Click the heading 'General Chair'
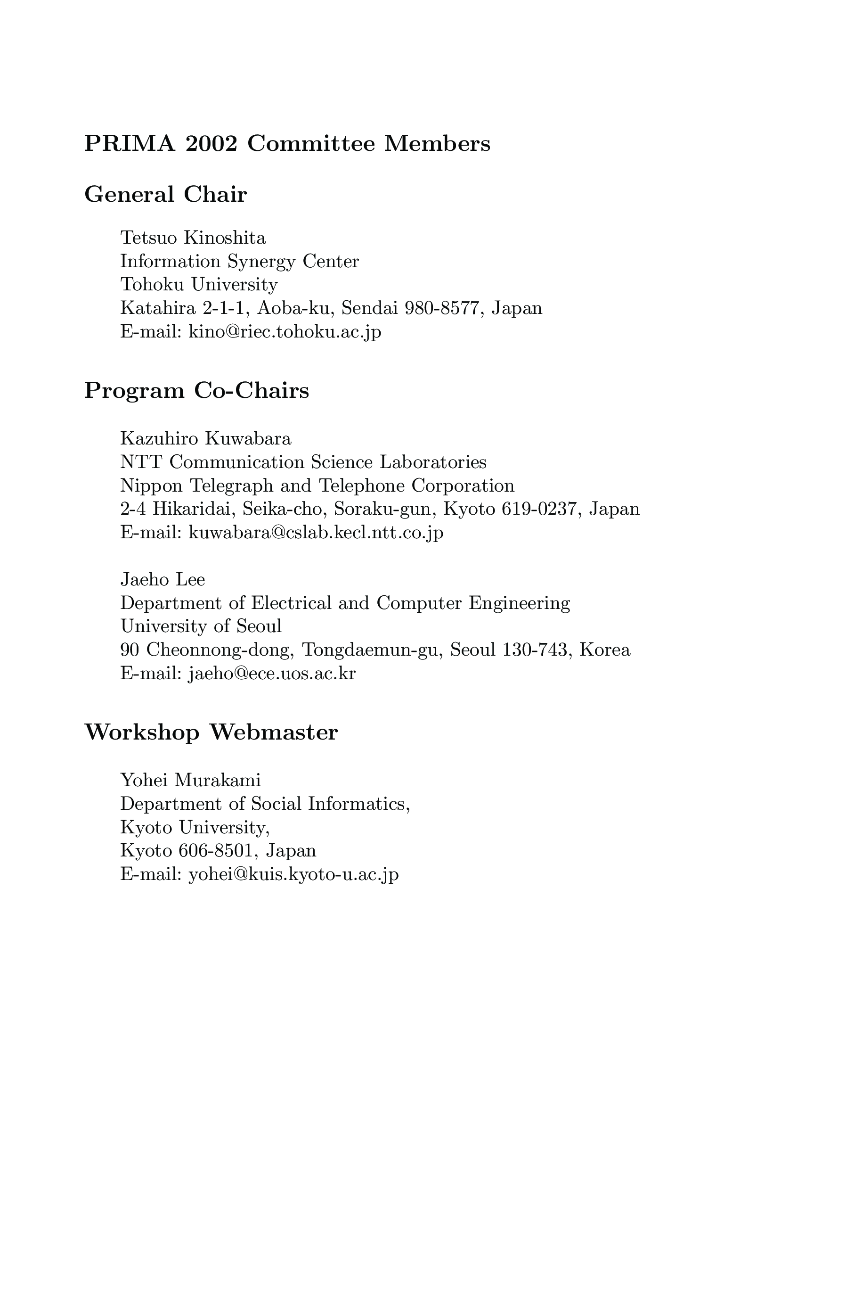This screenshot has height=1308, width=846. click(x=165, y=195)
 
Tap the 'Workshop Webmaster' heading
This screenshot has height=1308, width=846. click(x=211, y=732)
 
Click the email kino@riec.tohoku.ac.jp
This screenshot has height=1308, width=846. click(x=285, y=332)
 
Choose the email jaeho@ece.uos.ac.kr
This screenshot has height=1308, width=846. click(x=271, y=673)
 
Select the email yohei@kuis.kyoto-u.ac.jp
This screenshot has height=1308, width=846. click(x=293, y=874)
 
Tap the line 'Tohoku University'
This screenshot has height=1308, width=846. click(x=199, y=285)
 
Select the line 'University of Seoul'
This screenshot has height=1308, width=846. click(x=201, y=626)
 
